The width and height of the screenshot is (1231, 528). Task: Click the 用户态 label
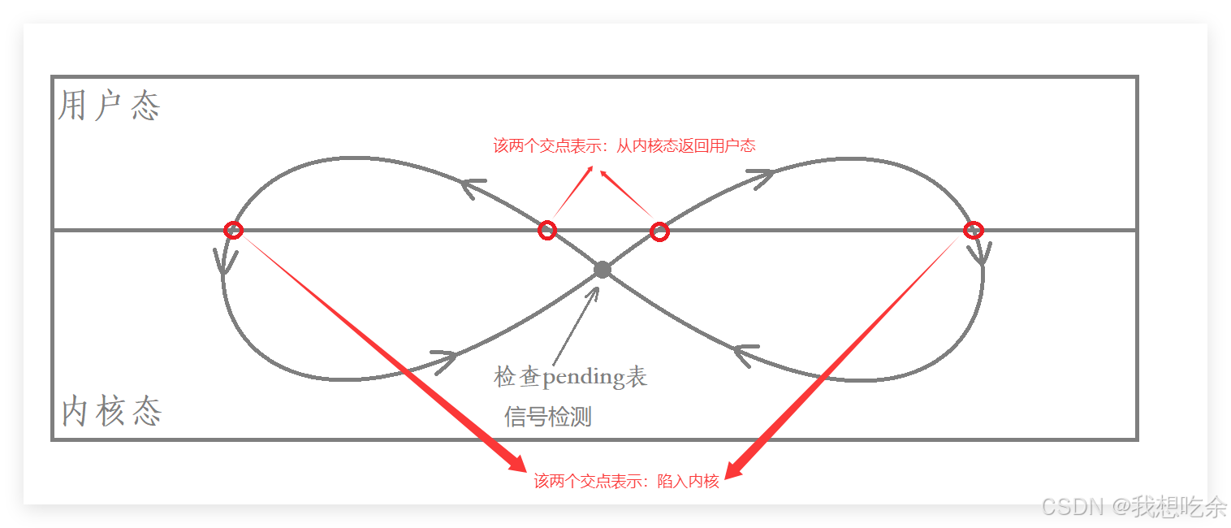click(x=110, y=106)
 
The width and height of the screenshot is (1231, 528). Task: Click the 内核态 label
click(x=112, y=412)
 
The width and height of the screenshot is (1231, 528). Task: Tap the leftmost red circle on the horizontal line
click(x=233, y=230)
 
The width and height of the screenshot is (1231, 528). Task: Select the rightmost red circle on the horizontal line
click(x=973, y=230)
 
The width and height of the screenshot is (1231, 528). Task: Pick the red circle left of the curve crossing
click(x=547, y=231)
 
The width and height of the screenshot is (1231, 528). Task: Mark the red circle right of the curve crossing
click(x=660, y=232)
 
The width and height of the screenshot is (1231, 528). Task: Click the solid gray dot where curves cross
click(x=602, y=270)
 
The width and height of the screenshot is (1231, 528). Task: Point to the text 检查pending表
click(x=570, y=377)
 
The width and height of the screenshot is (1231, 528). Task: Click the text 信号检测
click(x=548, y=417)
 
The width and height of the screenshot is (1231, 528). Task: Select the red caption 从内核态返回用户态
click(x=624, y=146)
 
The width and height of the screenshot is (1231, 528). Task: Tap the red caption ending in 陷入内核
click(x=626, y=481)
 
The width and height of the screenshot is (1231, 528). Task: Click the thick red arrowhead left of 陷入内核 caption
click(x=518, y=463)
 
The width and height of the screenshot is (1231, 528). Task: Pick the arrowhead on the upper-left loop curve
click(x=471, y=186)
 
